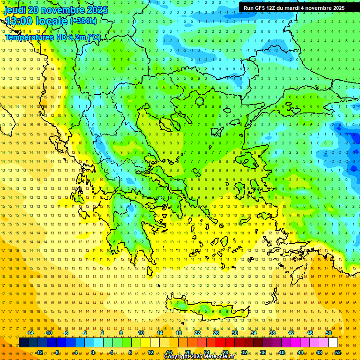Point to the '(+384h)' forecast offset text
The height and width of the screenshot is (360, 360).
pos(83,21)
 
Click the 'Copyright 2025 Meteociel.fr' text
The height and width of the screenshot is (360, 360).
pos(196,357)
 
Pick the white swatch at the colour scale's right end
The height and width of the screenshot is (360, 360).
pos(333,343)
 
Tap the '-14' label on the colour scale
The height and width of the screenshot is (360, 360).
pos(30,333)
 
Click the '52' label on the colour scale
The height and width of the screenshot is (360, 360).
pos(338,352)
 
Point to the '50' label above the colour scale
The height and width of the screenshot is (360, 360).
pos(328,333)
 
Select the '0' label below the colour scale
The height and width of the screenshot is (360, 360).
pos(93,352)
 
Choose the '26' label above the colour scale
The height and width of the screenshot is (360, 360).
pos(216,333)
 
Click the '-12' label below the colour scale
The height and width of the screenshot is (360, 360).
pos(39,352)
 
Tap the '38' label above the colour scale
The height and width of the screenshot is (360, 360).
pos(272,333)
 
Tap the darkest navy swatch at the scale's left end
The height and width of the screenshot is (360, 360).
pos(23,343)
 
